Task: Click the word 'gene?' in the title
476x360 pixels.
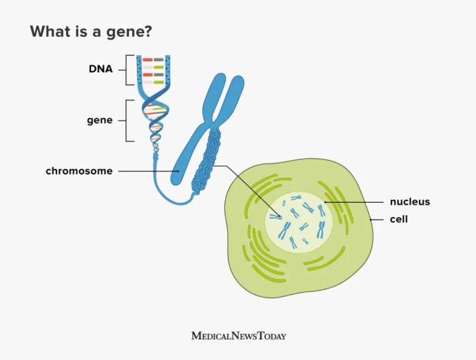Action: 132,32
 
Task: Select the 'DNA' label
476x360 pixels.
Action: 100,69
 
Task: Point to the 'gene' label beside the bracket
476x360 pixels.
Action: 99,120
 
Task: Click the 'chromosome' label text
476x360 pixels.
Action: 79,171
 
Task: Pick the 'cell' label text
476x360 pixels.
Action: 398,219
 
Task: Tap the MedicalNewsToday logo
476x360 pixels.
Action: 238,336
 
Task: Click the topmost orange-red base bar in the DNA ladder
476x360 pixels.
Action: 147,60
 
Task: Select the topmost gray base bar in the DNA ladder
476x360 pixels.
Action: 158,60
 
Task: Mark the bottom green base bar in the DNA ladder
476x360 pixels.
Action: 158,82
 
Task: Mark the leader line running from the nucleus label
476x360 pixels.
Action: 354,201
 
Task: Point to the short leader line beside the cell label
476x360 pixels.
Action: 378,219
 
